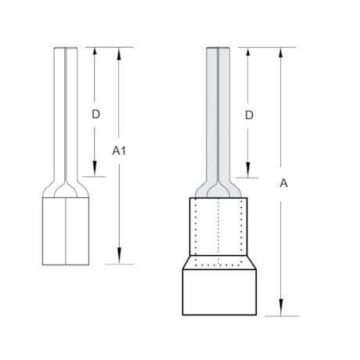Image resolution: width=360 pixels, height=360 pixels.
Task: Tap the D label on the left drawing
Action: tap(95, 114)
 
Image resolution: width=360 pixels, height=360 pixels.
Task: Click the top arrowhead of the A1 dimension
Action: tap(120, 52)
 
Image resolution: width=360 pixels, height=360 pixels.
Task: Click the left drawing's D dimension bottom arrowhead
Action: tap(95, 171)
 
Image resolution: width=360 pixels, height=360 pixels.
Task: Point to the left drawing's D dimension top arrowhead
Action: tap(95, 52)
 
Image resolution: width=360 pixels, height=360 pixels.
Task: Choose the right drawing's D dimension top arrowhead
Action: tap(249, 52)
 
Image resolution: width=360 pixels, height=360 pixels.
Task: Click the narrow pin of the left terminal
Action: tap(65, 110)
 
